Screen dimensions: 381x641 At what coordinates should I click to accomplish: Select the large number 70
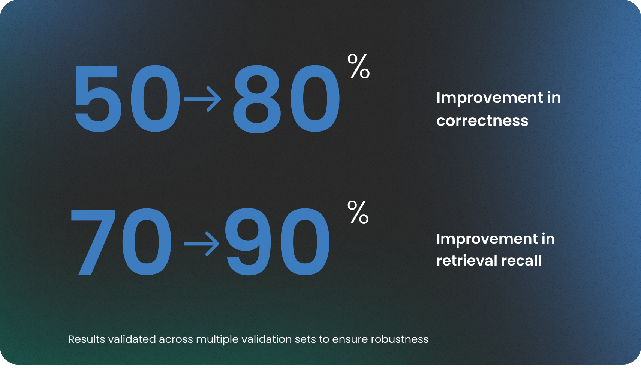(x=121, y=242)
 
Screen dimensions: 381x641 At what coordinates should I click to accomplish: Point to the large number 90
(x=277, y=242)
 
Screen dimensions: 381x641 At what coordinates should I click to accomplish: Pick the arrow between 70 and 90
(x=202, y=244)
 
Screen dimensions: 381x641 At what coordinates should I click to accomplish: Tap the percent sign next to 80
(x=359, y=66)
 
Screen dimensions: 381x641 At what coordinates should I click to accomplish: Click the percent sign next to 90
(x=358, y=212)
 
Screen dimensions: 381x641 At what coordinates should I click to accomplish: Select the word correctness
(x=482, y=121)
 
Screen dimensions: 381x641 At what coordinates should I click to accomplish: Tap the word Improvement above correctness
(x=490, y=98)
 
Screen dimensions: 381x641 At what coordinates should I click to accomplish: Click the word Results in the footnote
(x=87, y=339)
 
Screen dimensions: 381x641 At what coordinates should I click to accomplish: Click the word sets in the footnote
(x=305, y=339)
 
